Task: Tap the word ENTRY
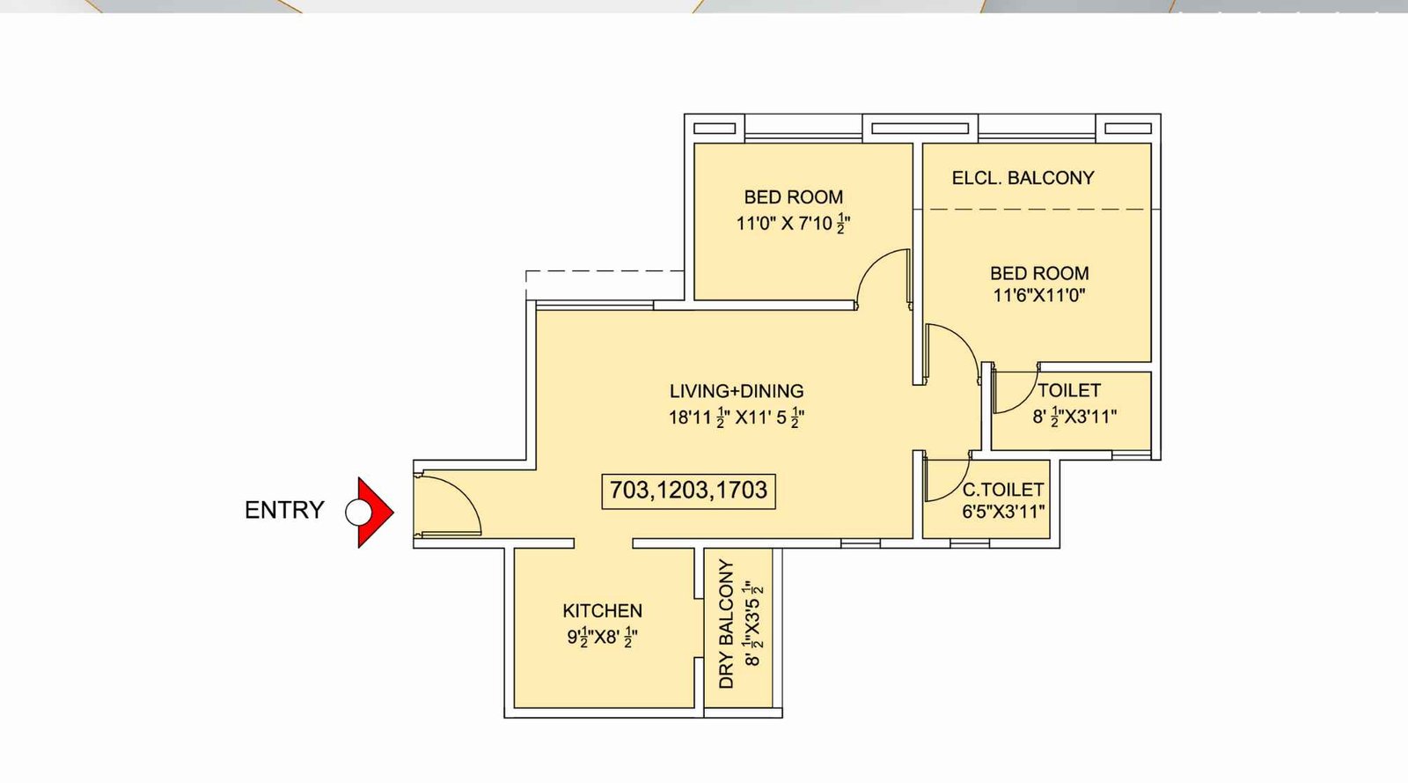click(284, 510)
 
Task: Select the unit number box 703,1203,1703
click(688, 491)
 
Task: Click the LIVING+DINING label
click(737, 391)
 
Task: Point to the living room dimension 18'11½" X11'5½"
click(737, 417)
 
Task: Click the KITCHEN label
click(602, 610)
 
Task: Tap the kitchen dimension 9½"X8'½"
click(602, 637)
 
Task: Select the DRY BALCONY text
click(726, 624)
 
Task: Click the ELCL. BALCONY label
click(1023, 178)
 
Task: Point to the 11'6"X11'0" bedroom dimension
click(1038, 296)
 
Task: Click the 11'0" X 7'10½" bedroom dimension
click(793, 224)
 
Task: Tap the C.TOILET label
click(1002, 490)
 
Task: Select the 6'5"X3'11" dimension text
click(1002, 512)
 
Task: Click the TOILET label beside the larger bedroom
click(1068, 390)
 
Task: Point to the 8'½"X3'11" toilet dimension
click(1074, 417)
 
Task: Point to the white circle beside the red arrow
click(357, 512)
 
